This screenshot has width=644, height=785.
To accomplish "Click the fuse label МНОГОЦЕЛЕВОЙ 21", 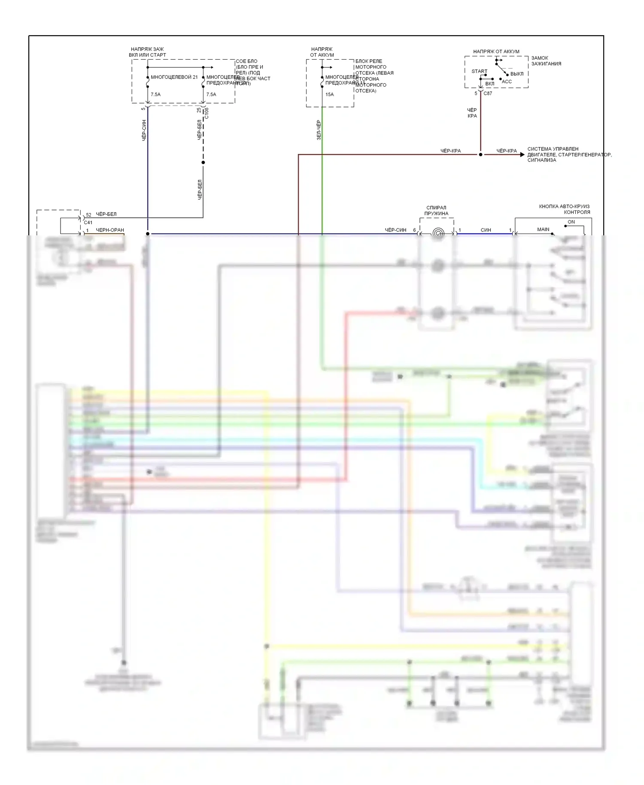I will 174,77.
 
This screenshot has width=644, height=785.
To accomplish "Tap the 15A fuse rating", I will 329,94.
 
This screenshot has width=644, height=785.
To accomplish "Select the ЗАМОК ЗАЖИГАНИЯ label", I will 546,61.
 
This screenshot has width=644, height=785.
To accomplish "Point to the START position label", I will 479,71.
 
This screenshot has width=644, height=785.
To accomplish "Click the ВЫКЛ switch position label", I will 517,74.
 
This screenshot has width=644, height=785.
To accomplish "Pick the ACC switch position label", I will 507,82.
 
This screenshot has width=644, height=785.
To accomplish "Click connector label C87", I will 488,93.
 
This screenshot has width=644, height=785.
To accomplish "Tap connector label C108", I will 207,113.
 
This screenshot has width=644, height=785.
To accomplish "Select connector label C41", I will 88,222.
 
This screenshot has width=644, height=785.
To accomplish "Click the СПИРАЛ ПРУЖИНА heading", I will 436,210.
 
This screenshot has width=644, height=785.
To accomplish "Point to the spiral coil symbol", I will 437,233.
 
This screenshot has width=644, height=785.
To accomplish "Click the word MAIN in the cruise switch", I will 543,229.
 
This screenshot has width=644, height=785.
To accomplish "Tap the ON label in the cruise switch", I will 571,222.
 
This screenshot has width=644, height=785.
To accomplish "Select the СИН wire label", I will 486,230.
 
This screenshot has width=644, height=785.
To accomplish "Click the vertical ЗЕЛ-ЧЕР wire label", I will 319,130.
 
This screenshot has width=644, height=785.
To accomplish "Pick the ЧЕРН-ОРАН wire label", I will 110,230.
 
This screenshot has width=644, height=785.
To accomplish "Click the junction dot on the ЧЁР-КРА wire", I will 480,155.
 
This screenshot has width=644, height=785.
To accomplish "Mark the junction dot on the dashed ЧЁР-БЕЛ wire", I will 203,162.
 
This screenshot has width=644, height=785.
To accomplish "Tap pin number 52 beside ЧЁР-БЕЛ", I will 88,215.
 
